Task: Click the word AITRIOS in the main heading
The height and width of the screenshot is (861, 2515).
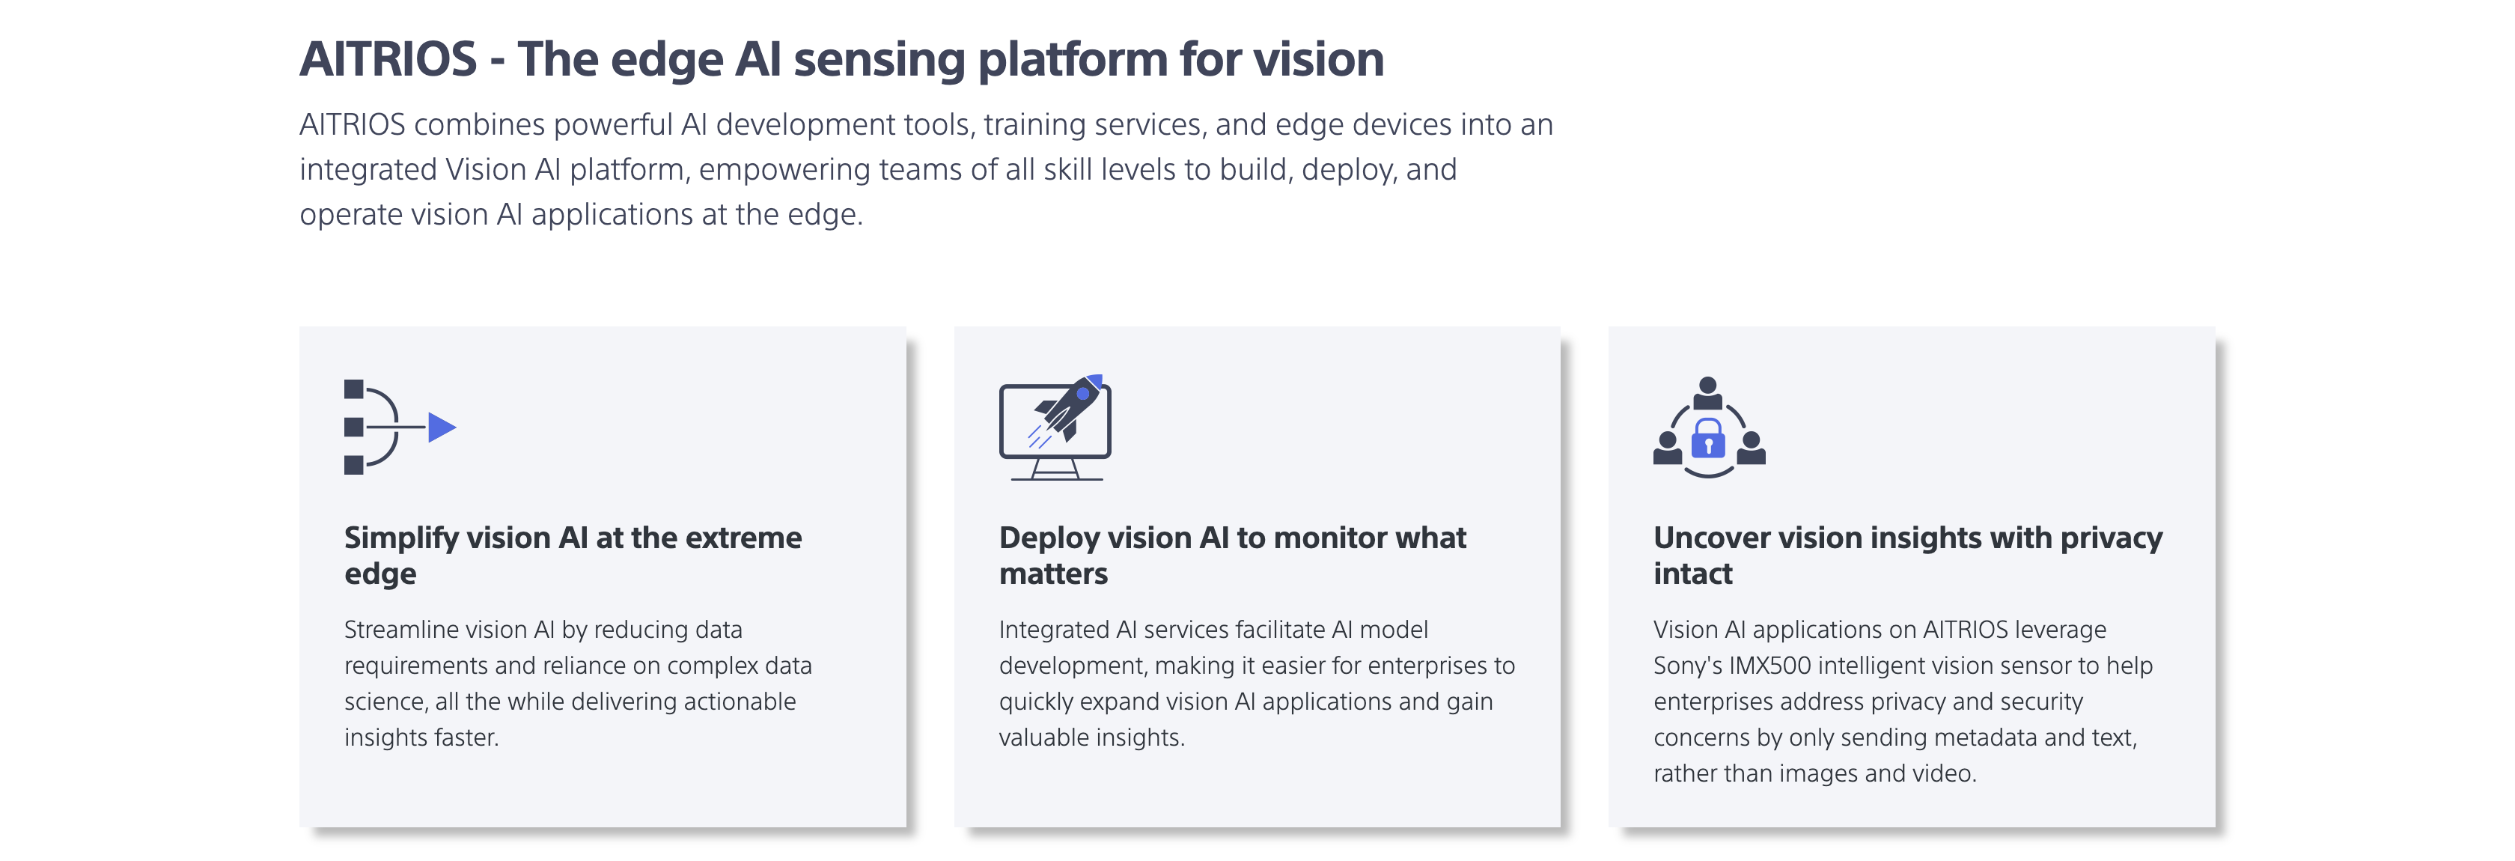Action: click(x=388, y=60)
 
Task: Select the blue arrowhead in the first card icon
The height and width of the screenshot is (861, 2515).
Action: click(x=442, y=428)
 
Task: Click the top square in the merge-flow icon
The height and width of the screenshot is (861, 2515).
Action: click(x=353, y=389)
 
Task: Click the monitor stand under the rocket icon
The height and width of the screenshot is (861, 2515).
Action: click(x=1055, y=469)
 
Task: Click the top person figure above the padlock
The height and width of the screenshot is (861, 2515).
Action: click(x=1707, y=392)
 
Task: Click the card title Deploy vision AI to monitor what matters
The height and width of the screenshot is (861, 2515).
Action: click(x=1231, y=555)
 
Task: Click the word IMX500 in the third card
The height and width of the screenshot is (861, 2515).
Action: click(x=1769, y=666)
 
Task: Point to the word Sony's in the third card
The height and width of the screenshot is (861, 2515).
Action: click(x=1687, y=666)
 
